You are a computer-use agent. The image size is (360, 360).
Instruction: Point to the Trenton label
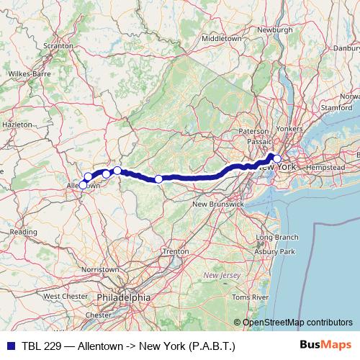click(x=176, y=251)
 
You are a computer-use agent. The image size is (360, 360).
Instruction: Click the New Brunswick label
click(x=217, y=204)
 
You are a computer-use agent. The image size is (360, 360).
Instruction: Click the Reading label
click(x=23, y=232)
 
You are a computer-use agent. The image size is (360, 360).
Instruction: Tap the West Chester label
click(x=66, y=296)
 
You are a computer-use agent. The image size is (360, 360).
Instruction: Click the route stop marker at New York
click(x=276, y=158)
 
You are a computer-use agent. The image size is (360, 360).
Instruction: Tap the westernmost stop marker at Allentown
click(x=83, y=185)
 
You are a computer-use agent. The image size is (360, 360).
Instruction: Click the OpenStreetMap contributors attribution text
click(x=297, y=322)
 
